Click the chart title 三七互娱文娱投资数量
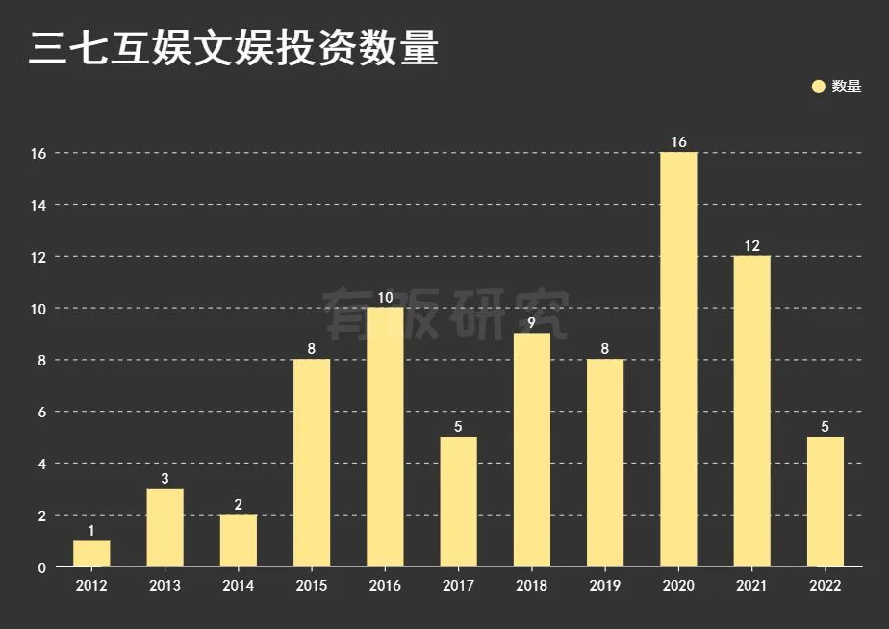[233, 48]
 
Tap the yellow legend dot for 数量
[819, 87]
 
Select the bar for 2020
[678, 359]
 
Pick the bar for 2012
[91, 553]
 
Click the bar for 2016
[385, 437]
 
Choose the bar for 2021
[751, 411]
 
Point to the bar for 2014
[238, 540]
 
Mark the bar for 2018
[531, 449]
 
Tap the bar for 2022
[825, 501]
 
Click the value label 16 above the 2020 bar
[678, 142]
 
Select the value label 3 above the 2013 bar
[165, 479]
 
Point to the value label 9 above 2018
[531, 323]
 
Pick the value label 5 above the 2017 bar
[458, 427]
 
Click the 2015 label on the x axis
[311, 586]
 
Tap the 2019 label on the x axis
[604, 586]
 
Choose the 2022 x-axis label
[825, 586]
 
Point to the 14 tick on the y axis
[38, 205]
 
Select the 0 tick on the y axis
[41, 567]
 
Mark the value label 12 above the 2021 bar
[751, 246]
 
